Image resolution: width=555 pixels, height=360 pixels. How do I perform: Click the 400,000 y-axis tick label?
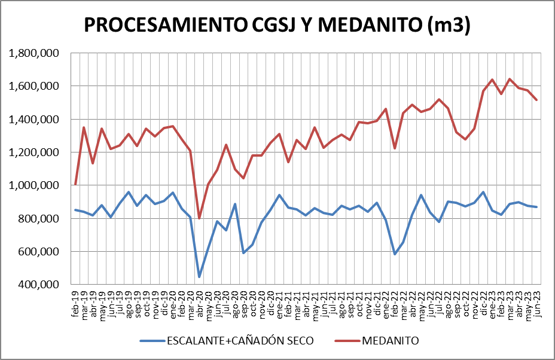tap(36, 285)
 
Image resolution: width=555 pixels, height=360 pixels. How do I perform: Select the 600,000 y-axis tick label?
tap(36, 252)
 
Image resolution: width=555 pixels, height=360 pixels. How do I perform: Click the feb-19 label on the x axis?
tap(76, 304)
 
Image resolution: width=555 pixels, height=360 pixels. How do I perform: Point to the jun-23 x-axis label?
tap(537, 304)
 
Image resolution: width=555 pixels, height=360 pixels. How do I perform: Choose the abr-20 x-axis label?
tap(199, 304)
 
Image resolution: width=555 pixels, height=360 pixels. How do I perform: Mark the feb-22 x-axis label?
tap(395, 304)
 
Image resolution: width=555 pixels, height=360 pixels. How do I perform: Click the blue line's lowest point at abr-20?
tap(199, 277)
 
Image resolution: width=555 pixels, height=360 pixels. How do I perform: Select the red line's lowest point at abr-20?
tap(199, 218)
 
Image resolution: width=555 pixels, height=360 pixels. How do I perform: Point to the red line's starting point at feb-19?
tap(75, 184)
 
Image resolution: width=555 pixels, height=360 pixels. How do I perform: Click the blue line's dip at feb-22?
tap(395, 254)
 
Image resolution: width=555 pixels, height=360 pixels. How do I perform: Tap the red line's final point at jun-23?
tap(537, 100)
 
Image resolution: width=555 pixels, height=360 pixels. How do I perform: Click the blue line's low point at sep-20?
tap(243, 253)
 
